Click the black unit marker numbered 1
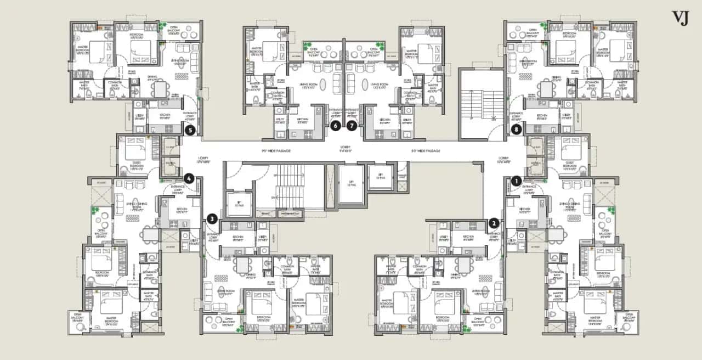[x=515, y=179]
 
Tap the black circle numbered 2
[x=494, y=223]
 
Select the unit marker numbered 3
[x=212, y=220]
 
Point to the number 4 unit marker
[x=189, y=178]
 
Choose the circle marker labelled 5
[x=190, y=130]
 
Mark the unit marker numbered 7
[x=352, y=126]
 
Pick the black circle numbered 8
[x=516, y=130]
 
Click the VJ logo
[x=680, y=18]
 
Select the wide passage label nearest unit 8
[x=426, y=150]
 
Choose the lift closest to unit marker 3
[x=238, y=203]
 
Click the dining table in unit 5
[x=160, y=88]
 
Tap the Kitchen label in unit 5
[x=165, y=116]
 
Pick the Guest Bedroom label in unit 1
[x=570, y=168]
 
